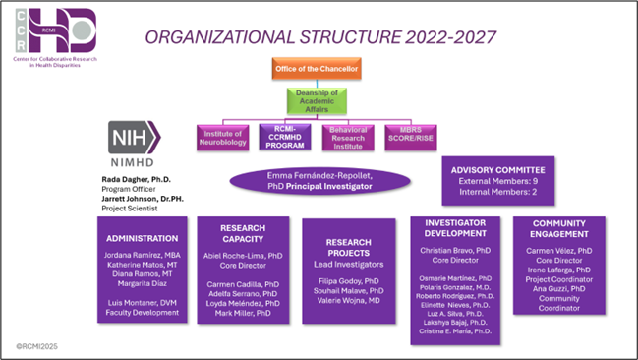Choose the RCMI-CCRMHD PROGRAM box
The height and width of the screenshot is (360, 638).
pos(285,137)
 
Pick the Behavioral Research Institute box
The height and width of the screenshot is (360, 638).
pos(348,137)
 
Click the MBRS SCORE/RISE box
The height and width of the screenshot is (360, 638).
pos(411,137)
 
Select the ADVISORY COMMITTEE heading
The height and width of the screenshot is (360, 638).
pos(497,169)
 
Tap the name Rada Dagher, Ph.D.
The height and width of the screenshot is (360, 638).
pos(138,181)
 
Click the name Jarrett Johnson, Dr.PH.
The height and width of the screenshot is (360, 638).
pos(145,199)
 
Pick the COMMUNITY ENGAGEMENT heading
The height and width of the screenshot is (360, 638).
pos(559,229)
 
